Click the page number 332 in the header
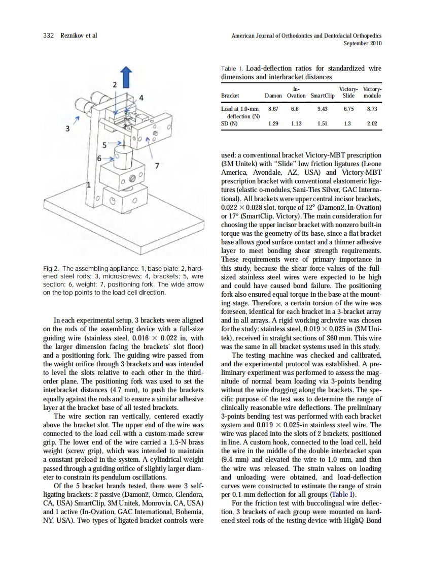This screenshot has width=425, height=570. (x=48, y=36)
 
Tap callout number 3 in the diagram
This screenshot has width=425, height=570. (x=67, y=129)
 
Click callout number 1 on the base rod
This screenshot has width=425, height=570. (x=89, y=185)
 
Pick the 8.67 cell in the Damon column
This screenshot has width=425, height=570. (x=273, y=109)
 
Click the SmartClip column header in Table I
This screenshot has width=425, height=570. (x=322, y=96)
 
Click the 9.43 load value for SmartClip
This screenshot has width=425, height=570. (x=322, y=109)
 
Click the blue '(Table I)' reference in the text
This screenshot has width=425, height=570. (x=343, y=494)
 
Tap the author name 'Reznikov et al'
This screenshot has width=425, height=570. (x=79, y=36)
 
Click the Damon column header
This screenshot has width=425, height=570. (x=273, y=96)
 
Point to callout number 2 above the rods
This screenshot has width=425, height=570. (x=114, y=84)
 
